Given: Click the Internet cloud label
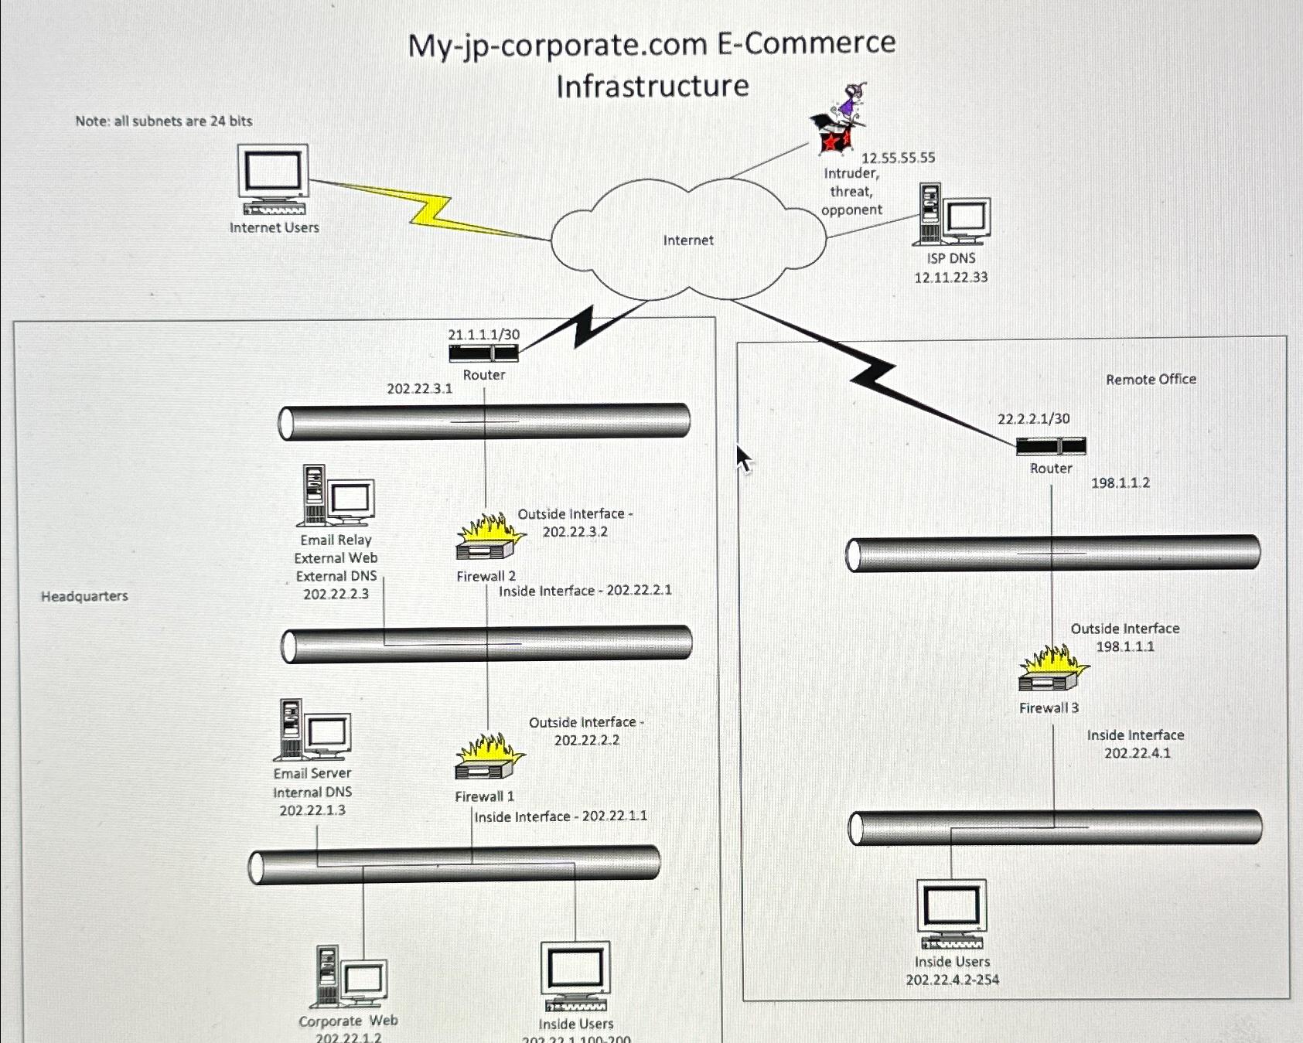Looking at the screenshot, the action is [688, 240].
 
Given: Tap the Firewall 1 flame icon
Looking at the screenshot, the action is [489, 757].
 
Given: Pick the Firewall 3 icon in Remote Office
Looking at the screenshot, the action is [1053, 669].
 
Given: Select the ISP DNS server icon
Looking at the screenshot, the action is [954, 214].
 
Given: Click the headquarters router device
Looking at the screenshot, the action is [484, 353].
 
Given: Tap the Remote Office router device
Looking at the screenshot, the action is [1051, 446].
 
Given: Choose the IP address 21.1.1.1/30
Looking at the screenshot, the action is [484, 334].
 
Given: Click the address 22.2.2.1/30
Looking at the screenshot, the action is [1034, 418].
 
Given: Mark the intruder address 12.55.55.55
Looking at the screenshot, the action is [899, 158].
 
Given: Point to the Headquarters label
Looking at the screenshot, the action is [84, 596].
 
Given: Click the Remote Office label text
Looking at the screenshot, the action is [1151, 379].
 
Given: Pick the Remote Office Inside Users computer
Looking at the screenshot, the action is [952, 914].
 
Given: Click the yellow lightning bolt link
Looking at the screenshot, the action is [430, 210].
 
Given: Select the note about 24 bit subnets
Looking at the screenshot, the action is [164, 121].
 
